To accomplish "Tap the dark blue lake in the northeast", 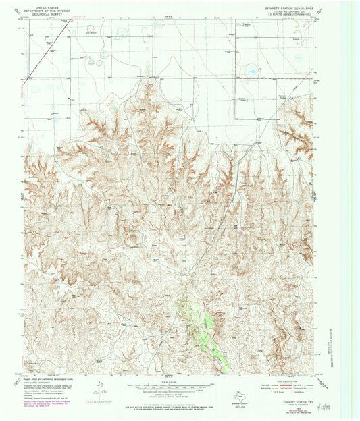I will pyautogui.click(x=251, y=70).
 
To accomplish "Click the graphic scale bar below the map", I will pyautogui.click(x=167, y=388).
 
